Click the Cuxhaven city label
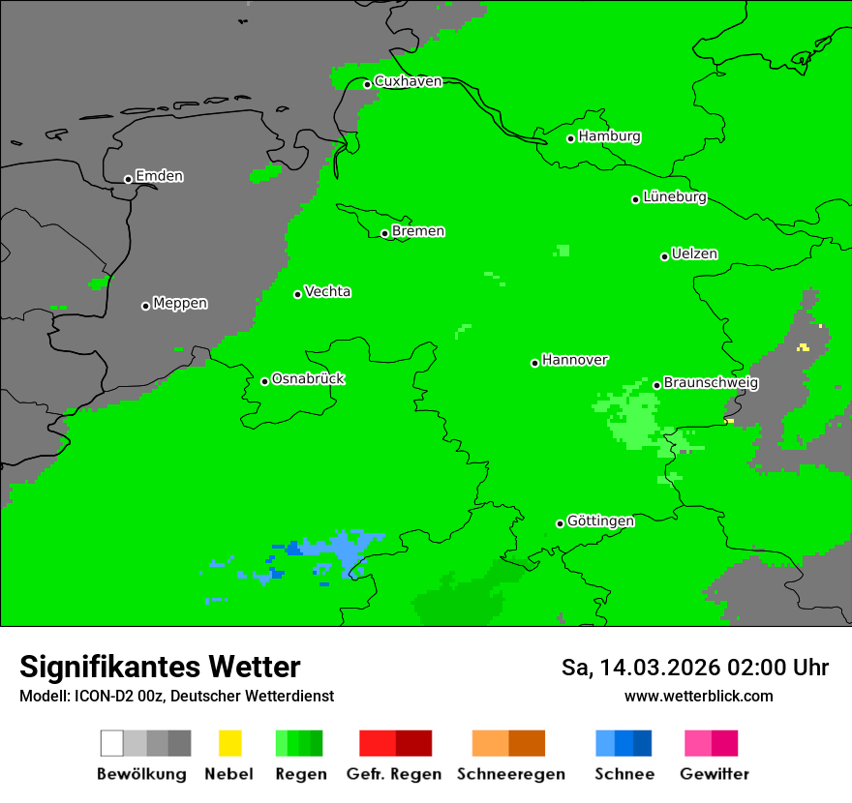tap(408, 81)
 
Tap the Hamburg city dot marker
tap(571, 138)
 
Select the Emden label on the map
tap(159, 176)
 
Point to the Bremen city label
tap(418, 231)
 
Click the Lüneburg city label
tap(675, 197)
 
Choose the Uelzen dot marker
tap(664, 256)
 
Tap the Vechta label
tap(327, 291)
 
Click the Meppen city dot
tap(145, 306)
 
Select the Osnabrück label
tap(308, 378)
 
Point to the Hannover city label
tap(575, 360)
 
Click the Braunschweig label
tap(711, 382)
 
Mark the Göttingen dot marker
tap(560, 523)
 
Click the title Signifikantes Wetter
tap(160, 668)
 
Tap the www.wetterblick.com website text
tap(698, 696)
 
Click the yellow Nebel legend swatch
tap(229, 743)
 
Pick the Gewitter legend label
tap(715, 774)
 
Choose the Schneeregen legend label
tap(510, 774)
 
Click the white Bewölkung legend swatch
tap(112, 743)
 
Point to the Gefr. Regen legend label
tap(394, 774)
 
